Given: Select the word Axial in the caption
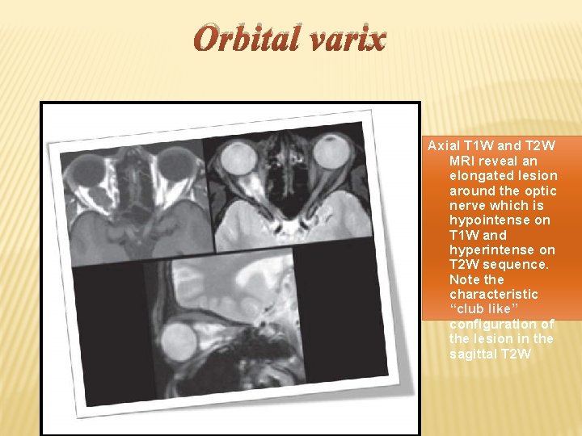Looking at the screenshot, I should [x=442, y=146].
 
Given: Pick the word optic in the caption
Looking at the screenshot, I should [x=538, y=191].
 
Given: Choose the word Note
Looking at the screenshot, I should [x=465, y=279].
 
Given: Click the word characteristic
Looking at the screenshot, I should [x=494, y=294].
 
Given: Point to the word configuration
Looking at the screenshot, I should [x=493, y=324].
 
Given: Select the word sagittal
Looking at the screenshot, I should [x=472, y=354].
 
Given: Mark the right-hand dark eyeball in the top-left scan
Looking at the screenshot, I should [x=172, y=168].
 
